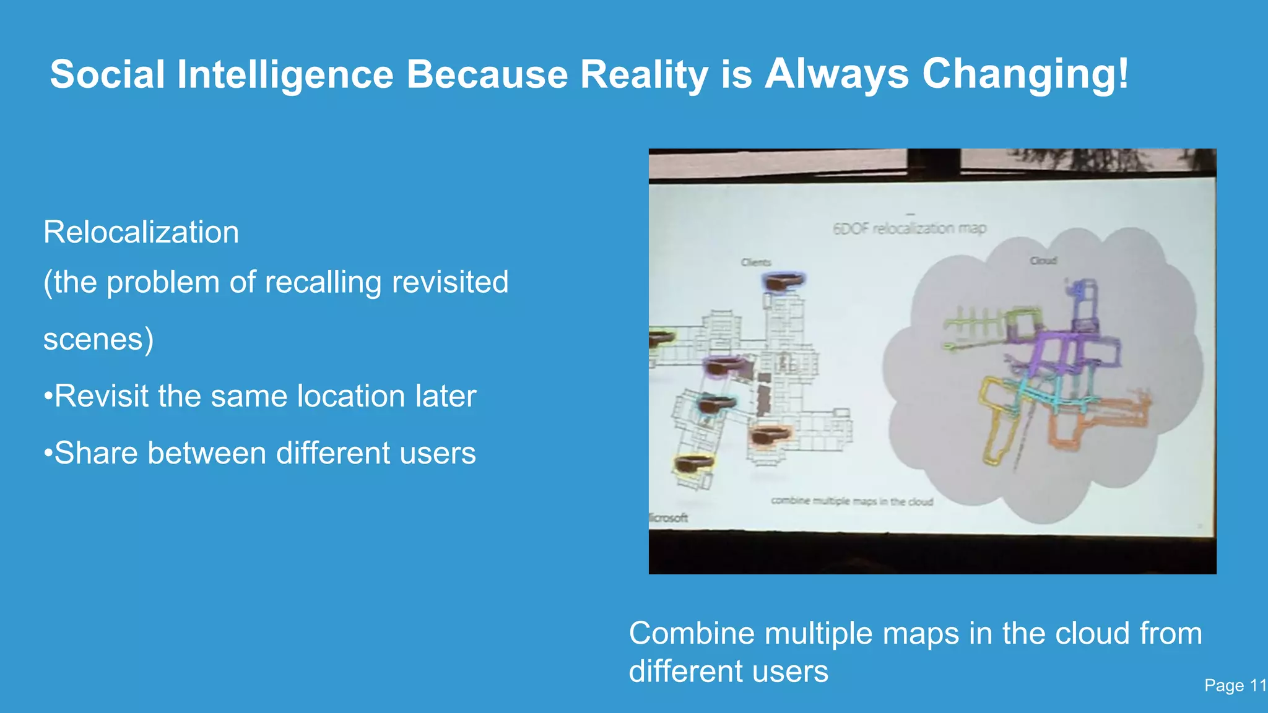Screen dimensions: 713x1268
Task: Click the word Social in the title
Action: [x=107, y=75]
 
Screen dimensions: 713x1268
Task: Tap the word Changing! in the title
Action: [x=1025, y=75]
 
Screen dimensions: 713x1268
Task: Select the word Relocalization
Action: [x=141, y=233]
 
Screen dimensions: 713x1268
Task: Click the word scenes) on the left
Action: [x=98, y=339]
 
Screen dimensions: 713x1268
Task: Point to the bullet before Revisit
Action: [x=48, y=397]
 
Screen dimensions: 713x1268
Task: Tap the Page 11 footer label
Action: [x=1235, y=685]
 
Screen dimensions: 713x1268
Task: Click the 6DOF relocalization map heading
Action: [x=909, y=228]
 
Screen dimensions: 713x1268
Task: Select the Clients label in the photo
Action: [x=756, y=262]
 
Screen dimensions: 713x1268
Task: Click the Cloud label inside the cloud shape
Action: [x=1043, y=261]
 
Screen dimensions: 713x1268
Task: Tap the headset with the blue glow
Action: [x=783, y=282]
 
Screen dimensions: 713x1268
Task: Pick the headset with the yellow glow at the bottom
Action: [x=693, y=464]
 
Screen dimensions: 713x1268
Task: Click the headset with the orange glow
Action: [x=770, y=434]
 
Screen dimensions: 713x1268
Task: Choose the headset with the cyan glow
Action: [x=716, y=405]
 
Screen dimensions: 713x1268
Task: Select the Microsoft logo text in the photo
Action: [x=668, y=517]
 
